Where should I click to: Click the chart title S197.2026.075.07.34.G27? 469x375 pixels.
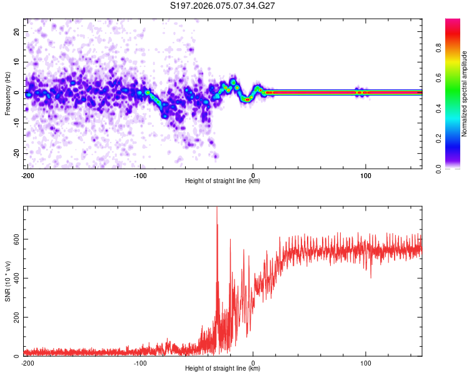[x=223, y=6]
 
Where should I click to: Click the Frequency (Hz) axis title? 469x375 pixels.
[x=8, y=94]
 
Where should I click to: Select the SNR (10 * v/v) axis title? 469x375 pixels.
[x=8, y=281]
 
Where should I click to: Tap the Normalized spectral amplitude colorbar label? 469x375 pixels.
[x=465, y=94]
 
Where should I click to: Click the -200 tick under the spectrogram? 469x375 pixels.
[x=28, y=176]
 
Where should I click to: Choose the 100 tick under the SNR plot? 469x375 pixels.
[x=366, y=362]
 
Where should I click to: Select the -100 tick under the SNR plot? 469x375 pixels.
[x=140, y=362]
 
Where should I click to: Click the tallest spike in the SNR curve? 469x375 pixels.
[x=217, y=209]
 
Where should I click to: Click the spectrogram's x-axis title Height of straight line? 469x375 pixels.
[x=223, y=181]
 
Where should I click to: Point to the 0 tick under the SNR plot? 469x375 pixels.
[x=253, y=362]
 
